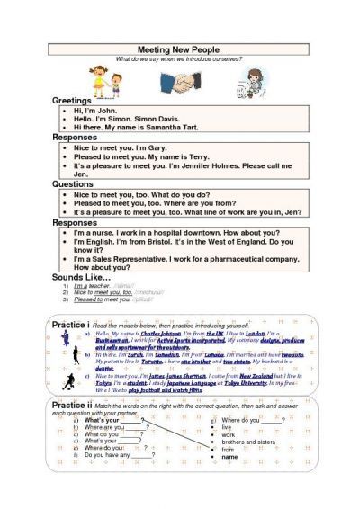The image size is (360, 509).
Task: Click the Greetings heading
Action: coord(72,101)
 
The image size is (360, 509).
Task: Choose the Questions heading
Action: coord(73,184)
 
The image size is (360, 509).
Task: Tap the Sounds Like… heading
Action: coord(81,277)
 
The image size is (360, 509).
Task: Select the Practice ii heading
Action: coord(71,406)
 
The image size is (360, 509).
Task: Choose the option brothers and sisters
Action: coord(246,442)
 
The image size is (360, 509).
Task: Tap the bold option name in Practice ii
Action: coord(229,457)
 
